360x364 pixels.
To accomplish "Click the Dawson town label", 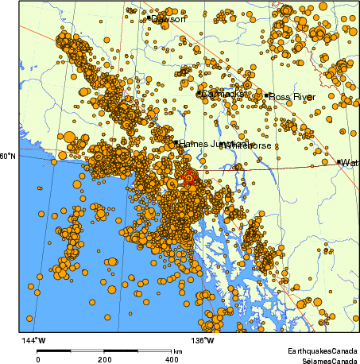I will (x=169, y=18).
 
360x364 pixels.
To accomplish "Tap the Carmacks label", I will (x=222, y=94).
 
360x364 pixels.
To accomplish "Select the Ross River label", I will (x=292, y=97).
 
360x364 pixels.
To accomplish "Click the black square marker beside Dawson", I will (x=149, y=17).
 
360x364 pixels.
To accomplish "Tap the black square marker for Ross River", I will (x=267, y=96).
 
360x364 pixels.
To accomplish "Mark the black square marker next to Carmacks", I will (x=199, y=94).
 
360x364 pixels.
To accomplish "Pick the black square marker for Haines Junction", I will (x=176, y=143).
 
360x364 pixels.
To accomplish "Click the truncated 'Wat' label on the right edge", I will (x=350, y=162).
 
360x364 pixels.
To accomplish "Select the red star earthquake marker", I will (x=189, y=178).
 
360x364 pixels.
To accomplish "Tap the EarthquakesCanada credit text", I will (x=322, y=350).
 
